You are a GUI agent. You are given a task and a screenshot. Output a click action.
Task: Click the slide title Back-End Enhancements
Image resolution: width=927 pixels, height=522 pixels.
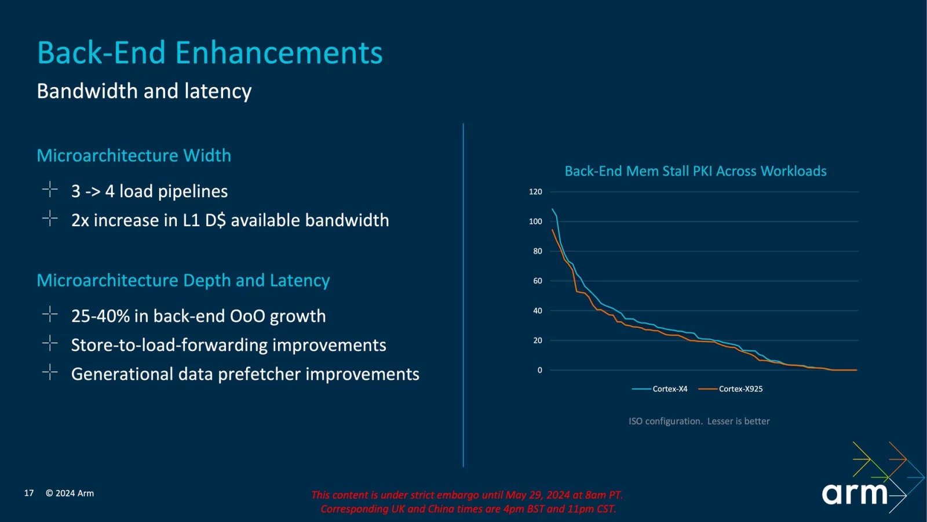click(210, 53)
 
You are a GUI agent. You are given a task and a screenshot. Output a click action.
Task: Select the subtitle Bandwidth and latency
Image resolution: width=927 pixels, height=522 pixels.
click(144, 91)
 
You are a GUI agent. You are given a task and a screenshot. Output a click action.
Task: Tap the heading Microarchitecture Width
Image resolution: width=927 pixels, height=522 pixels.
click(134, 155)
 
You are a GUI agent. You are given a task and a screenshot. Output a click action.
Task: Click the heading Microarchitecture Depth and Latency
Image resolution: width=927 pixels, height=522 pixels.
click(183, 281)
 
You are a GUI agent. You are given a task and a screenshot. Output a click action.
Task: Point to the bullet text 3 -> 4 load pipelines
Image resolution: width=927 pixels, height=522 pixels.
click(149, 191)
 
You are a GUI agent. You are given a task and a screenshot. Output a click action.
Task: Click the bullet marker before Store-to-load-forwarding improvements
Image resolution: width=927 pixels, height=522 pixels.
click(50, 343)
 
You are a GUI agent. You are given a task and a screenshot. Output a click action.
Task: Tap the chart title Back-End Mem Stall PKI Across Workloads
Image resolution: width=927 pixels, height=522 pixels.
click(696, 171)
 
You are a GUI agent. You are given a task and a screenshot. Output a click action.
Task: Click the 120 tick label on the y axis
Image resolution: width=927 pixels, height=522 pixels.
click(535, 192)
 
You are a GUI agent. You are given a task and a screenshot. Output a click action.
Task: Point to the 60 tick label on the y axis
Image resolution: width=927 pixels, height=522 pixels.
click(538, 281)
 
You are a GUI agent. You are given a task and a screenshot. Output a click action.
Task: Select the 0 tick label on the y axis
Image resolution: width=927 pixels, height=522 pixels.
click(539, 370)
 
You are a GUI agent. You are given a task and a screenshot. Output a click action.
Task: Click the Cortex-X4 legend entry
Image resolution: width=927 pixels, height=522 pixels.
click(660, 389)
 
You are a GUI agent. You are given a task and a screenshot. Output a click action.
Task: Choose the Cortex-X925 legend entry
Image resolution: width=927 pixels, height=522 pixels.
click(731, 389)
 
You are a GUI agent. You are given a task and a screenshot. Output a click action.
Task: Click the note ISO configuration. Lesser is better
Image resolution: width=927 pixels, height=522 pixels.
click(699, 421)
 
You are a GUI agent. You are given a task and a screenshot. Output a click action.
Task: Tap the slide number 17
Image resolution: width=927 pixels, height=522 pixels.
click(29, 493)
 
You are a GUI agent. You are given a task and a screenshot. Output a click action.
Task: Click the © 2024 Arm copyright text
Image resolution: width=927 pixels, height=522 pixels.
click(70, 493)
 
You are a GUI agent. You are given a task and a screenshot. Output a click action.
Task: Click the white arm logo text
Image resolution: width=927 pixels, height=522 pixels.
click(855, 493)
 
